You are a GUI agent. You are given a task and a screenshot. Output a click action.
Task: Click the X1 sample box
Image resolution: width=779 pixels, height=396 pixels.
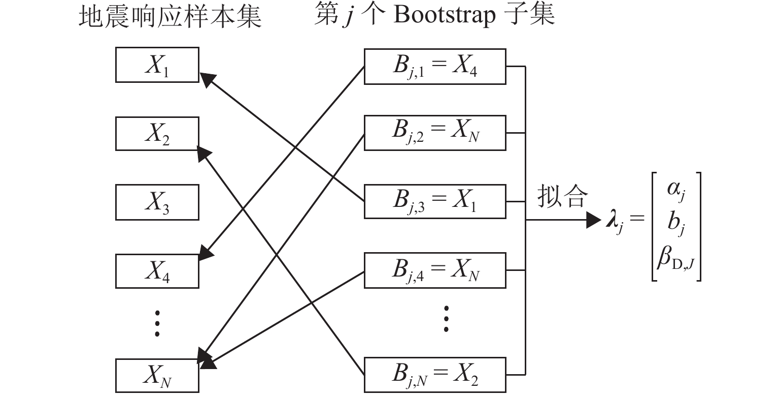click(x=157, y=65)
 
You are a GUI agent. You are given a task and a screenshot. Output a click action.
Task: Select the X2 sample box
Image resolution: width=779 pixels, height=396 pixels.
click(x=157, y=134)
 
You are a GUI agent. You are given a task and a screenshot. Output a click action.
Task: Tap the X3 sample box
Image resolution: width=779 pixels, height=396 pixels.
click(x=157, y=202)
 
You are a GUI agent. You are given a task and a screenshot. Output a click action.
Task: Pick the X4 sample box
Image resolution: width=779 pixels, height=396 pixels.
click(x=157, y=270)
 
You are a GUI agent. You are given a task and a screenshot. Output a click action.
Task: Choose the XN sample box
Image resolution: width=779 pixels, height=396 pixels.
click(x=157, y=376)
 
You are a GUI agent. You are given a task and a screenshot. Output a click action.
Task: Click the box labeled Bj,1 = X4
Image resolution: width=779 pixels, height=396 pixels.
click(x=435, y=67)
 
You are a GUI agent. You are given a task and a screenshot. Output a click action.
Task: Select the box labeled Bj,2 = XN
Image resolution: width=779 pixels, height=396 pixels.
click(x=435, y=133)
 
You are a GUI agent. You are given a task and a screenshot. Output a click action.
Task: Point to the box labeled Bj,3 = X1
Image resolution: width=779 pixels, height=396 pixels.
click(x=435, y=202)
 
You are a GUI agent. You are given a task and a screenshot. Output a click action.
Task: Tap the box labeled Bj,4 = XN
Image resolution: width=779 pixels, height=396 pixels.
click(x=435, y=270)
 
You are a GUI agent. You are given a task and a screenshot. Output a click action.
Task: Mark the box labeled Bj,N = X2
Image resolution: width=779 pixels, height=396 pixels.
click(x=435, y=375)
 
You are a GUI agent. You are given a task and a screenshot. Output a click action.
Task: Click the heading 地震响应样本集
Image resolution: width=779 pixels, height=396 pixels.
click(x=170, y=16)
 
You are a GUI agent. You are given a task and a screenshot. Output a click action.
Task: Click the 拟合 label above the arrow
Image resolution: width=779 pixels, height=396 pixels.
click(x=562, y=196)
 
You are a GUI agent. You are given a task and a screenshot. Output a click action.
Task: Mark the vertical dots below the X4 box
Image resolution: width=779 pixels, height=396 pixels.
click(x=157, y=323)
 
